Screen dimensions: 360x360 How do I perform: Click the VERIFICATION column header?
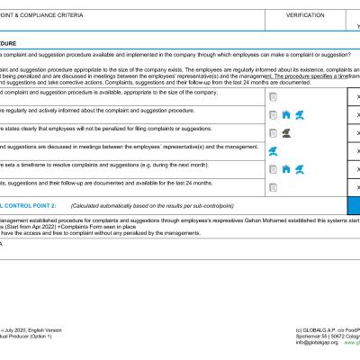pyautogui.click(x=306, y=15)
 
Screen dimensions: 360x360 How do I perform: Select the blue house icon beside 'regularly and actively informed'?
pyautogui.click(x=286, y=114)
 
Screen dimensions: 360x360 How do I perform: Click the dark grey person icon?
pyautogui.click(x=285, y=132)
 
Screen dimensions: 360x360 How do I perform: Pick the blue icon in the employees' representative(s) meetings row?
pyautogui.click(x=274, y=151)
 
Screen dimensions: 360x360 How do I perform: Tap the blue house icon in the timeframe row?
pyautogui.click(x=286, y=168)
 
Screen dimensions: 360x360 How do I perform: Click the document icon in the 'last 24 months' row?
pyautogui.click(x=273, y=185)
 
